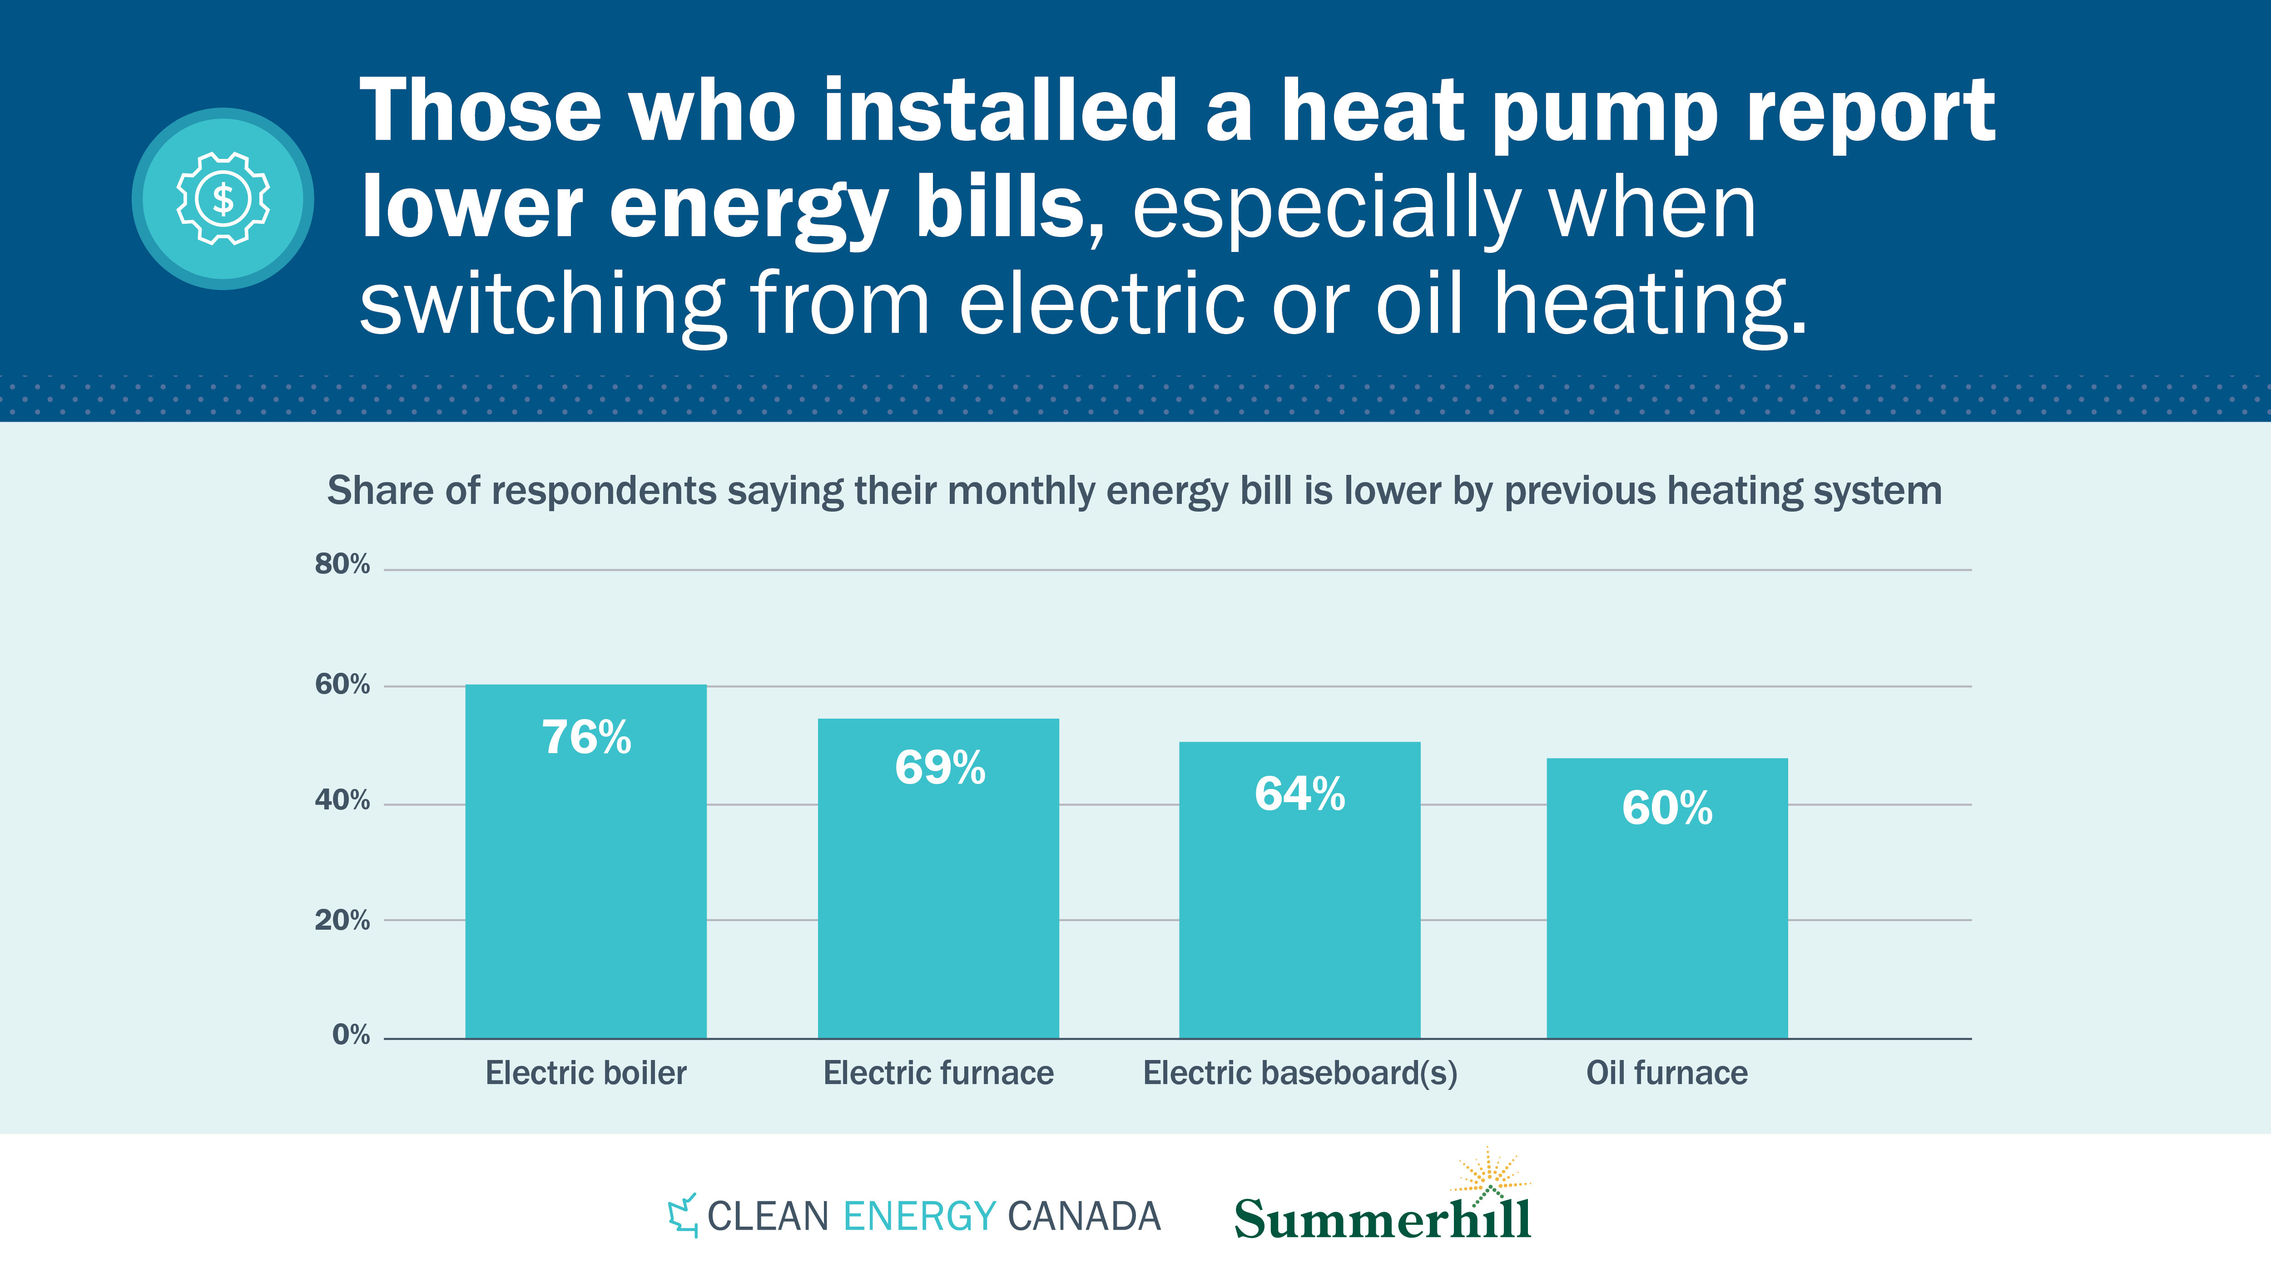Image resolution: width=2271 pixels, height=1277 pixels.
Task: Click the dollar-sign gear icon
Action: pyautogui.click(x=223, y=198)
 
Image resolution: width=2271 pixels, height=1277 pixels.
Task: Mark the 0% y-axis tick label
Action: pyautogui.click(x=351, y=1035)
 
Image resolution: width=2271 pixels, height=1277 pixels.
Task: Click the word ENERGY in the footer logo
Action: pyautogui.click(x=919, y=1216)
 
